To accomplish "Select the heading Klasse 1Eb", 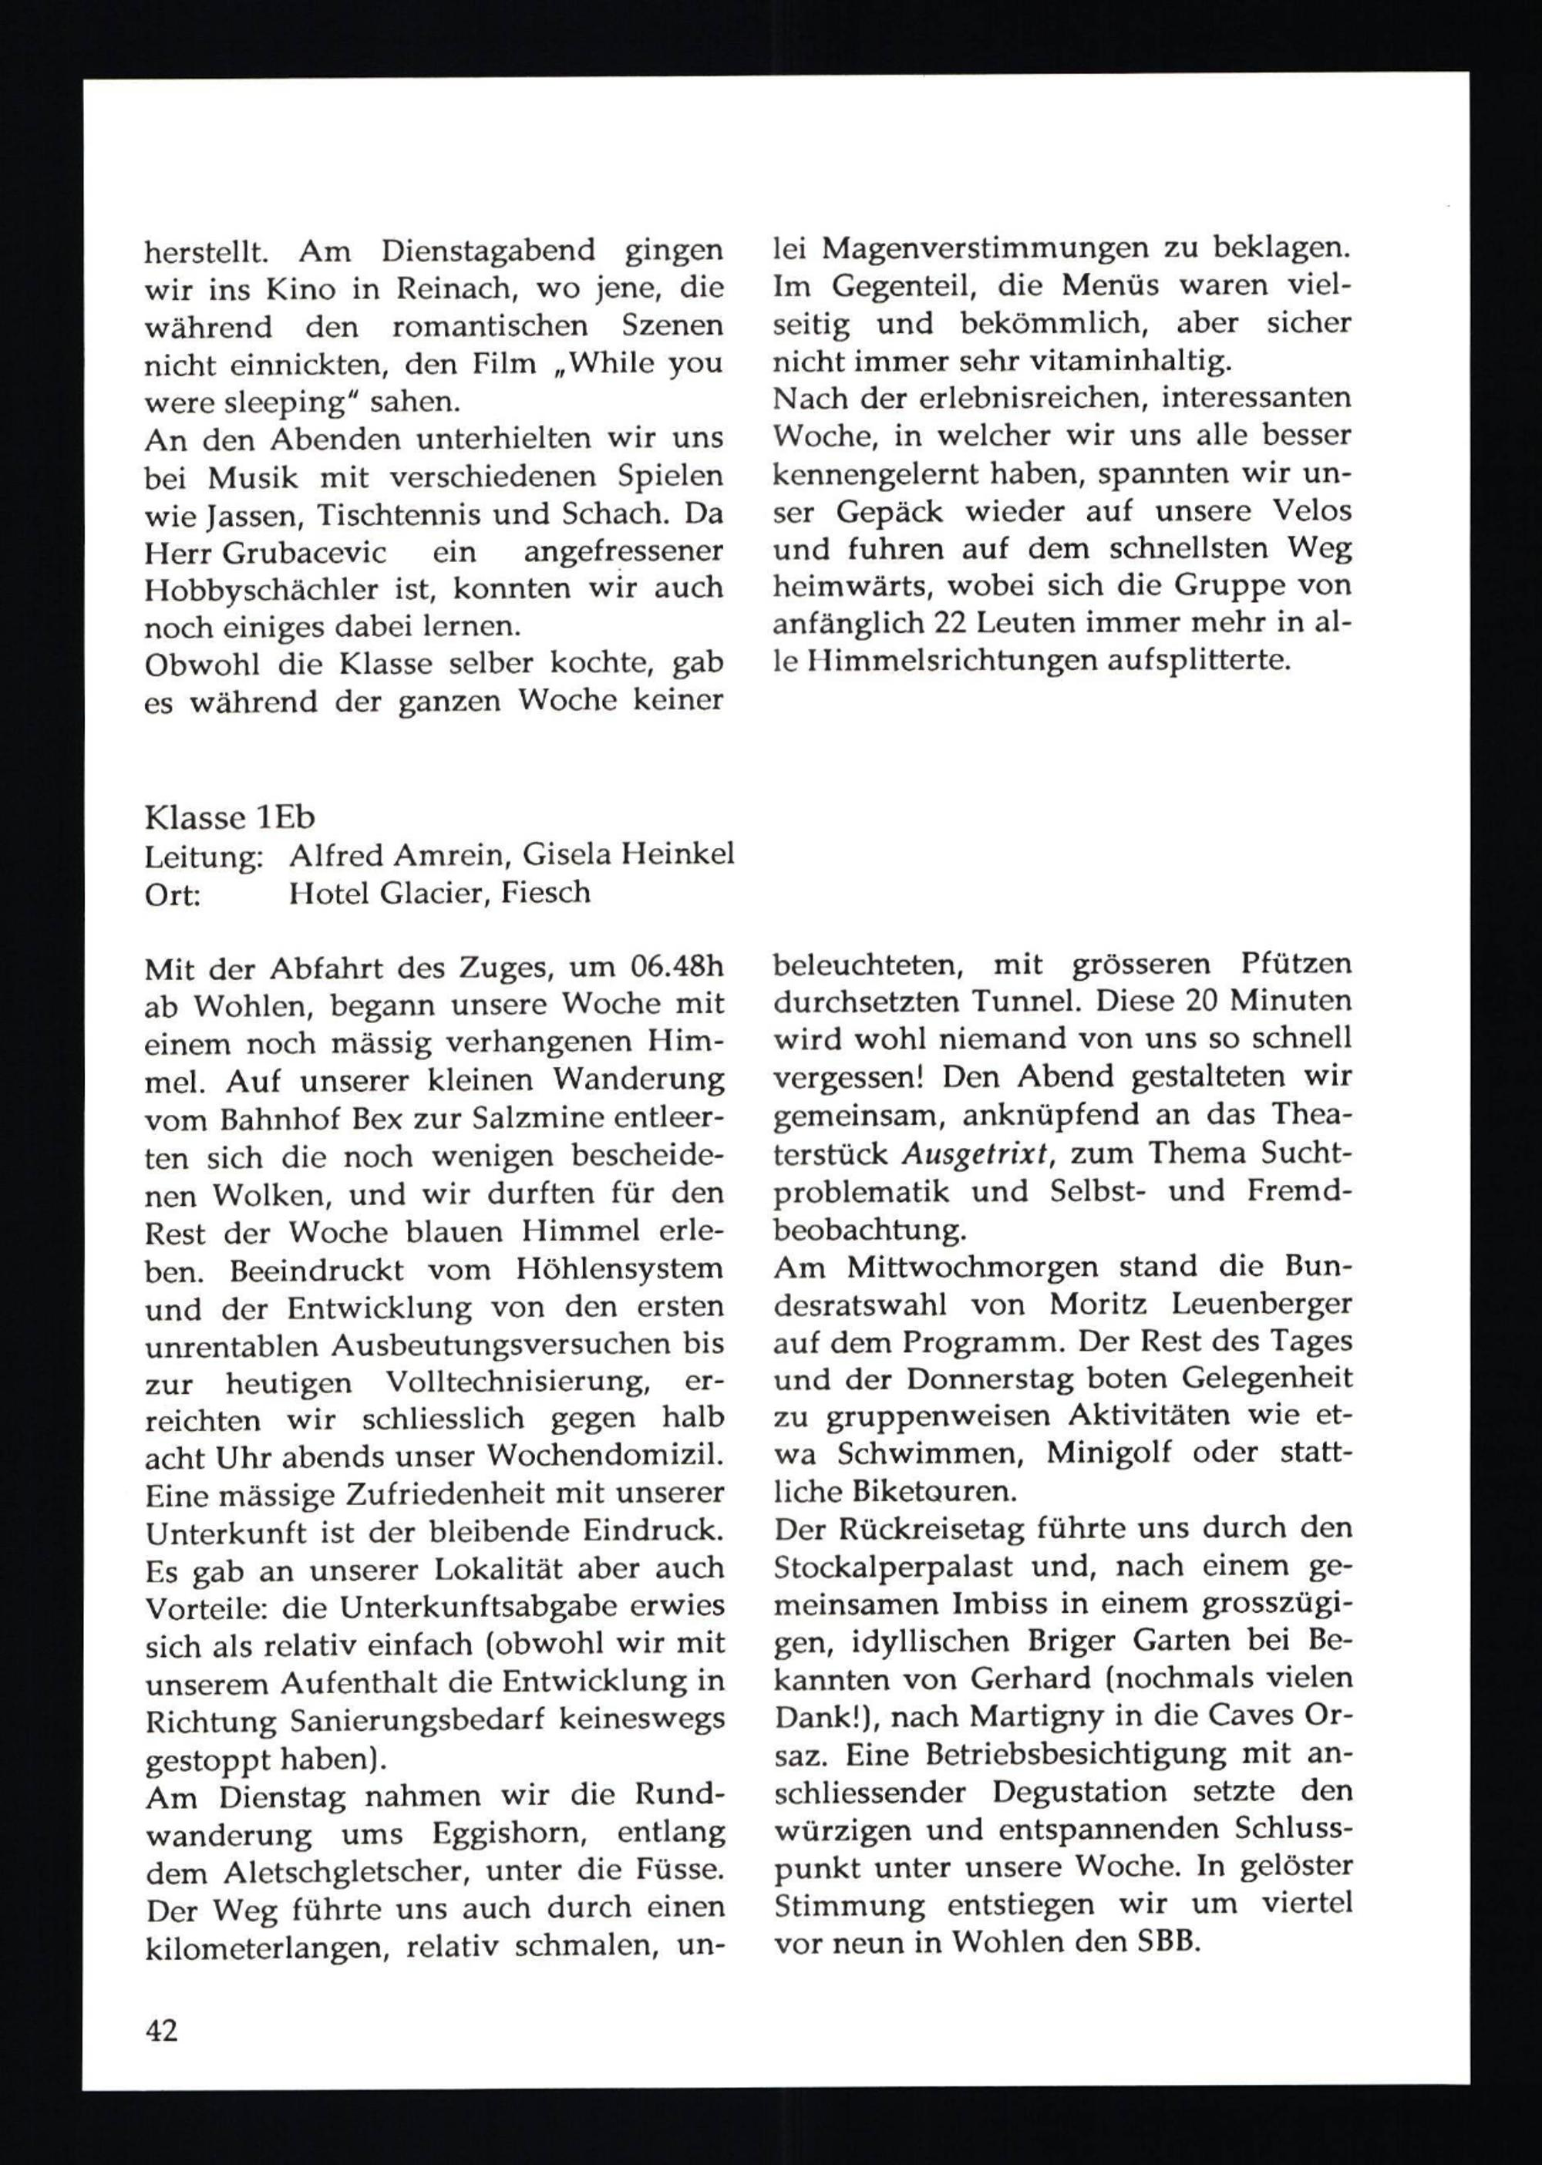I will click(x=229, y=817).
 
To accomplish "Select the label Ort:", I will click(x=172, y=894).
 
